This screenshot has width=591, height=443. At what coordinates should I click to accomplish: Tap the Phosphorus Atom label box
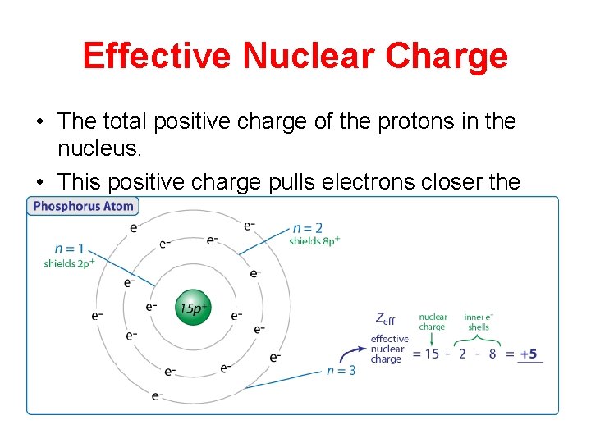click(x=83, y=207)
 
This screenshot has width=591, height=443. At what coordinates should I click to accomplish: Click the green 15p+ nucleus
click(x=195, y=309)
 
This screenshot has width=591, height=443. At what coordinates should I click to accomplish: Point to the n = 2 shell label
click(x=308, y=227)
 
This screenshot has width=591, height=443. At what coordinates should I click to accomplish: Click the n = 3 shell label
click(x=341, y=370)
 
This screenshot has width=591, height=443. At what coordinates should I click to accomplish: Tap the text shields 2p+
click(x=70, y=263)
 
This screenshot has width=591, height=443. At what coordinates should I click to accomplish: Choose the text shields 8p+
click(x=314, y=241)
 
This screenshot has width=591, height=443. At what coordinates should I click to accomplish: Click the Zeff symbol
click(x=384, y=318)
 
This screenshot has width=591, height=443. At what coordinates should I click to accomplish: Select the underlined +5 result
click(x=529, y=354)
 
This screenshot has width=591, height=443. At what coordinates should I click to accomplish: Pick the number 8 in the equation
click(x=492, y=354)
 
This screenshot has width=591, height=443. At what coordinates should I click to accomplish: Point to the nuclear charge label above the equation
click(x=433, y=322)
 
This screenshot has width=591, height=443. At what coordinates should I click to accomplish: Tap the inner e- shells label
click(x=479, y=322)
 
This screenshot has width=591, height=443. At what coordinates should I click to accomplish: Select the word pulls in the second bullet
click(x=294, y=182)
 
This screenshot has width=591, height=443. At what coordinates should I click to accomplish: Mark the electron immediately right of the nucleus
click(x=236, y=315)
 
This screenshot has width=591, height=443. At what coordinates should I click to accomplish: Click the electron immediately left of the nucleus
click(x=152, y=308)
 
